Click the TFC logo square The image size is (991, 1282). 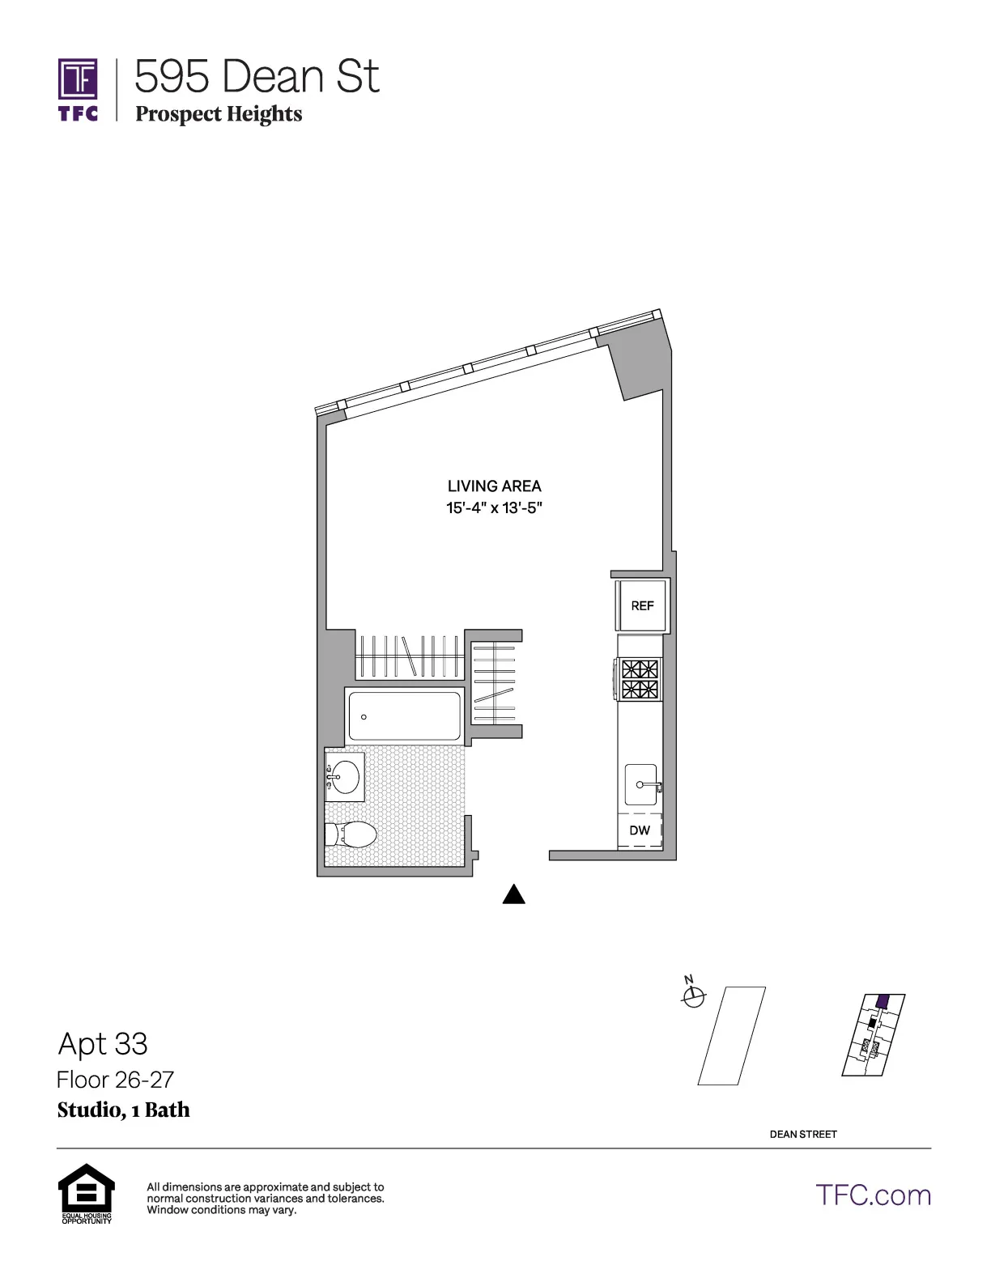[78, 79]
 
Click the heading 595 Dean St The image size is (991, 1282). [257, 77]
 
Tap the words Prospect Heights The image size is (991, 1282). [219, 114]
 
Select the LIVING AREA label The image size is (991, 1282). [494, 486]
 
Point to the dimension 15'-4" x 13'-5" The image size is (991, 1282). [494, 508]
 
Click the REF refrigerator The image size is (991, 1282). [642, 605]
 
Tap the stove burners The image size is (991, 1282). [640, 679]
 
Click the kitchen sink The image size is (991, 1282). [641, 784]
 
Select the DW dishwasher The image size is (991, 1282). [640, 830]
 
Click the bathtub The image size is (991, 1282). [404, 715]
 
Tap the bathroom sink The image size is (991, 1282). [345, 777]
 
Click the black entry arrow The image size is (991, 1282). [514, 894]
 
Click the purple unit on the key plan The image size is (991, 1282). [883, 1001]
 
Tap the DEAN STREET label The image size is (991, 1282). [803, 1134]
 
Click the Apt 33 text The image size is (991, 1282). [103, 1044]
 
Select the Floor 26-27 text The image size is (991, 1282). [115, 1080]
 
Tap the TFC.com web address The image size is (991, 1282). [873, 1195]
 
